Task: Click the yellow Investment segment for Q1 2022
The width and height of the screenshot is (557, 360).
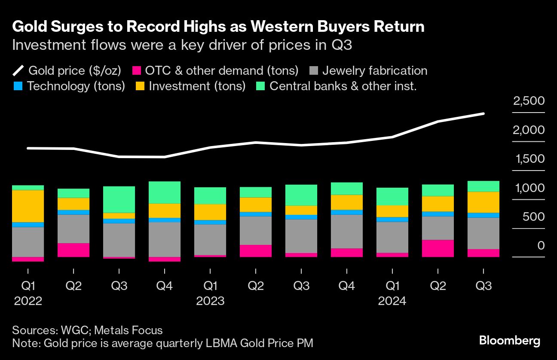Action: [x=28, y=206]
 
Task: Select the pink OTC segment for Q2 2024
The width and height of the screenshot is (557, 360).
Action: [x=438, y=248]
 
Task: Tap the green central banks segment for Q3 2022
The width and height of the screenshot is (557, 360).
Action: [x=119, y=199]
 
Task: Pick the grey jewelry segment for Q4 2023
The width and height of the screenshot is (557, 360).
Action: [x=346, y=231]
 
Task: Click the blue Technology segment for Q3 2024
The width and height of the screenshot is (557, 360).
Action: [x=483, y=215]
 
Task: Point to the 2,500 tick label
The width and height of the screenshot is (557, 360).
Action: [x=529, y=101]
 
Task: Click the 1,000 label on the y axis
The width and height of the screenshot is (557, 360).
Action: [x=529, y=188]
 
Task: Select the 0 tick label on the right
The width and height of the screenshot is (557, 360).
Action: [x=540, y=246]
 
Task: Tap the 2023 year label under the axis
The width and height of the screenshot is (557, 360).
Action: [x=210, y=301]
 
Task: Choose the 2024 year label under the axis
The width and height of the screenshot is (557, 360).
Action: [x=392, y=301]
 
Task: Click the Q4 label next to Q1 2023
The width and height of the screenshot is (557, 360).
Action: [x=165, y=286]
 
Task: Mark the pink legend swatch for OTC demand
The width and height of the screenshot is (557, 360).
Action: [x=137, y=71]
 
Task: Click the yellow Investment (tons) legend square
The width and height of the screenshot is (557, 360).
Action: [x=140, y=86]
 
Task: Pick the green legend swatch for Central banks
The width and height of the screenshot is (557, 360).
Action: [x=260, y=86]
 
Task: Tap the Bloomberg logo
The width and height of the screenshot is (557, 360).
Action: [x=509, y=341]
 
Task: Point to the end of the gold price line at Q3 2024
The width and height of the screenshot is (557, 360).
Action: [x=483, y=114]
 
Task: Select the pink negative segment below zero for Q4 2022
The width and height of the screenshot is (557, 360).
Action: [x=165, y=259]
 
